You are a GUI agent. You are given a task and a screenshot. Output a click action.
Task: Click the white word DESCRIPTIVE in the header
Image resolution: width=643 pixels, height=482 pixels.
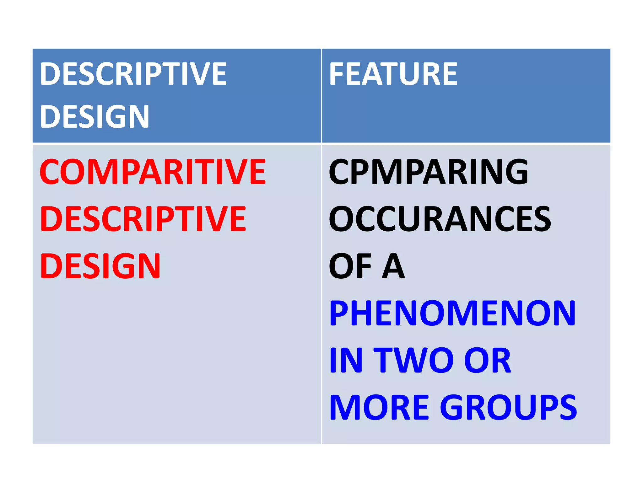[x=133, y=74]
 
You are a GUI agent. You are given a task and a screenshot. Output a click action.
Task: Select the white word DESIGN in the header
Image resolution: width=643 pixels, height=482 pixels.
[x=94, y=116]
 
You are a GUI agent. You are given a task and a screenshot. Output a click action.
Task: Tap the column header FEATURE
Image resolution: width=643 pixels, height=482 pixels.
[x=393, y=74]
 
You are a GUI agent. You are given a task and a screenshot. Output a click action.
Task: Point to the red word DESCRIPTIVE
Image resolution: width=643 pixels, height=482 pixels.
[x=143, y=219]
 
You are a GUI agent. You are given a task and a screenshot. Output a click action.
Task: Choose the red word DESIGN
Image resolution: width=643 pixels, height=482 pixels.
[x=100, y=266]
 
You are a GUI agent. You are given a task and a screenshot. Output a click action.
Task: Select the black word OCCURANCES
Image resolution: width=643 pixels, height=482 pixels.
[x=440, y=219]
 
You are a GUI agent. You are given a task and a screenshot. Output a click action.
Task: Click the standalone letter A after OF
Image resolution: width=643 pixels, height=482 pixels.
[x=393, y=266]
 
